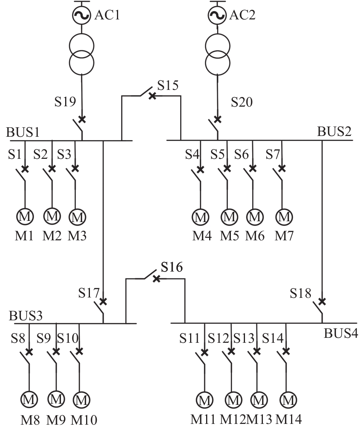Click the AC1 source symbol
tap(82, 15)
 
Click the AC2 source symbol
tap(217, 15)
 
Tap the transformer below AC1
tap(82, 54)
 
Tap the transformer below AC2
tap(217, 54)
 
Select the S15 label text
tap(168, 85)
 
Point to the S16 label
tap(172, 267)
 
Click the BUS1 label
tap(23, 132)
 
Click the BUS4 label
tap(341, 334)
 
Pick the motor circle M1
tap(25, 217)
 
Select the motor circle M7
tap(284, 217)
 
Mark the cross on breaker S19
tap(82, 119)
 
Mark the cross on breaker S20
tap(217, 119)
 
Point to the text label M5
tap(229, 236)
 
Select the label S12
tap(218, 339)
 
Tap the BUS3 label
tap(26, 316)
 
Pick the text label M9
tap(56, 420)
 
